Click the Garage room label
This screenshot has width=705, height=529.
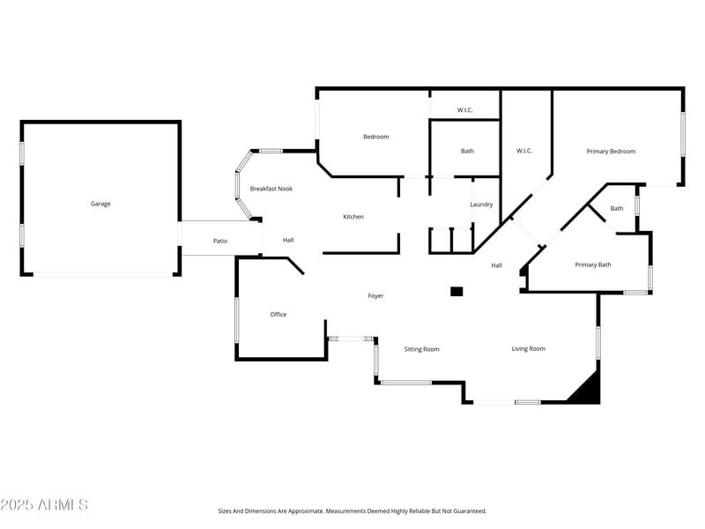point(100,204)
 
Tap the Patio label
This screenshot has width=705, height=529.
point(220,241)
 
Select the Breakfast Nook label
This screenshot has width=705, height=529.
point(271,189)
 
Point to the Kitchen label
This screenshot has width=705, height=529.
point(353,217)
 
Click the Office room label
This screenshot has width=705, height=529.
point(278,315)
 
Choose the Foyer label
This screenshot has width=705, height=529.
point(375,296)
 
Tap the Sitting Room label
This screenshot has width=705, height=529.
point(421,349)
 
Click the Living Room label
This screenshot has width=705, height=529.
point(529,349)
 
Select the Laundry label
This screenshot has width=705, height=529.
point(481,205)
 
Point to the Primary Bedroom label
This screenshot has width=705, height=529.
point(611,152)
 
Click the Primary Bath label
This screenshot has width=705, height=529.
point(593,264)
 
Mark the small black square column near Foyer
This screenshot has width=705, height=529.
point(456,291)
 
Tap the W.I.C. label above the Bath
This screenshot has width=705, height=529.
point(465,110)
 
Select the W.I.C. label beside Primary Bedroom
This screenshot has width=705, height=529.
point(524,151)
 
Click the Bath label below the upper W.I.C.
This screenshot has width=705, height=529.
point(467,151)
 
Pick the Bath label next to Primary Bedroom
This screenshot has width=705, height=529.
point(617,209)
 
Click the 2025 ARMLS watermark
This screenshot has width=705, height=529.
point(44,505)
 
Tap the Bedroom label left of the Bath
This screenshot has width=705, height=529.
point(376,137)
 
